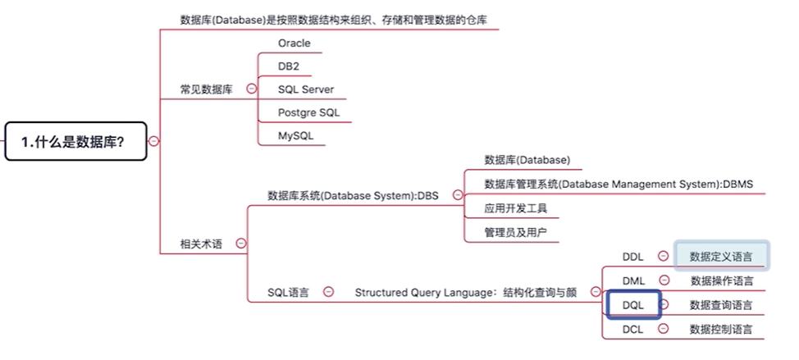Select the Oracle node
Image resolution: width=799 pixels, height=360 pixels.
pyautogui.click(x=294, y=43)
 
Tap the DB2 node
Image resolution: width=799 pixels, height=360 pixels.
pyautogui.click(x=289, y=66)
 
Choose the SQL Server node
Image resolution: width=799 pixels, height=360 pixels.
pyautogui.click(x=305, y=89)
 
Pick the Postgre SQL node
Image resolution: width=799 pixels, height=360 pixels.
pyautogui.click(x=308, y=112)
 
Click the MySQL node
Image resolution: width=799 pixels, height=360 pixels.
pyautogui.click(x=295, y=135)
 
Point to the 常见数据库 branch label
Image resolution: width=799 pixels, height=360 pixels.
pyautogui.click(x=206, y=89)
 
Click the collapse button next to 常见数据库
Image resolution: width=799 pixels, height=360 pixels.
pyautogui.click(x=251, y=89)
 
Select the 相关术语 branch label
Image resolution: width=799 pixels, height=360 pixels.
pyautogui.click(x=201, y=244)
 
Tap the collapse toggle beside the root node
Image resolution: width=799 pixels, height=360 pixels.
pyautogui.click(x=153, y=141)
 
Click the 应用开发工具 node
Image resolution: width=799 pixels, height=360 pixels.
pyautogui.click(x=515, y=208)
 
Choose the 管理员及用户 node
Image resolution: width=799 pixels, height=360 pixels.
pyautogui.click(x=515, y=232)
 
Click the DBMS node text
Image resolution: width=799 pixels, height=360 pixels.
pyautogui.click(x=619, y=184)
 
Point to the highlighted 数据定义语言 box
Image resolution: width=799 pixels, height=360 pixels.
pyautogui.click(x=721, y=256)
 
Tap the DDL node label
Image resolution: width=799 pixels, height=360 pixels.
pyautogui.click(x=632, y=257)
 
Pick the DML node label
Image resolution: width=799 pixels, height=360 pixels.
pyautogui.click(x=632, y=281)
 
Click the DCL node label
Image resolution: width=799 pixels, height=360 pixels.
pyautogui.click(x=632, y=330)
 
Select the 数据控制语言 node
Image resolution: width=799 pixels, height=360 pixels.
pyautogui.click(x=720, y=330)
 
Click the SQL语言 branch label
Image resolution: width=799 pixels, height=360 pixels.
pyautogui.click(x=288, y=292)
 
